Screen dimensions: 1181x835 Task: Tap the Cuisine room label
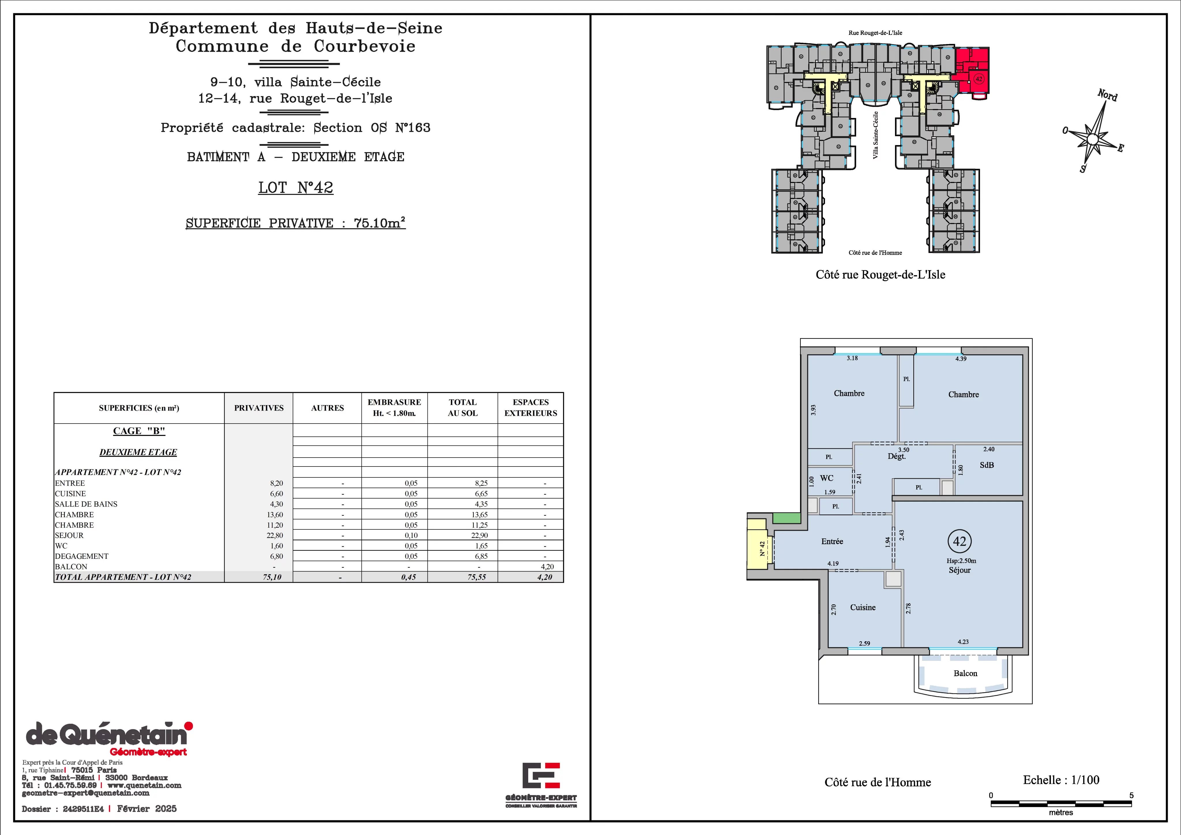coord(863,607)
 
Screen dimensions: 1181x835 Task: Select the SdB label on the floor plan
coord(987,465)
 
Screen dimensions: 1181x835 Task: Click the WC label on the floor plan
coord(827,478)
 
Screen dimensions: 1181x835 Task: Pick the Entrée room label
coord(832,541)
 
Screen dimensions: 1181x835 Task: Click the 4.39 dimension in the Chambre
coord(961,359)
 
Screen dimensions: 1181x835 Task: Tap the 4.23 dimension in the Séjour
coord(963,642)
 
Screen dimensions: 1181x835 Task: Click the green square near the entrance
coord(787,518)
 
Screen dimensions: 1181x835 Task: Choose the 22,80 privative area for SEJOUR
coord(276,535)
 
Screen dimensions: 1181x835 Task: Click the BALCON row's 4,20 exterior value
coord(547,567)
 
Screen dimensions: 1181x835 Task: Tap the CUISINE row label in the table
coord(70,493)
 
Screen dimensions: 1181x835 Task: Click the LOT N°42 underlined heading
coord(296,188)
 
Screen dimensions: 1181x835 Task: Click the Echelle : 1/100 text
coord(1061,780)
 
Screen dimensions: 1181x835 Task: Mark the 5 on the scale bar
coord(1132,795)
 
